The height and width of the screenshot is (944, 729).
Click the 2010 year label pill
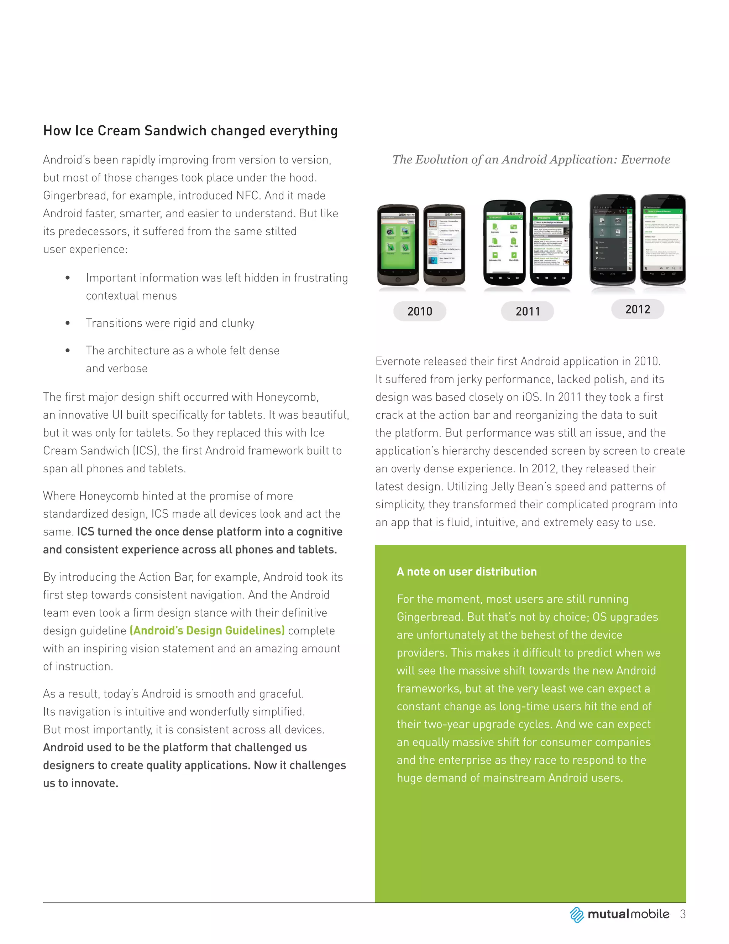click(419, 311)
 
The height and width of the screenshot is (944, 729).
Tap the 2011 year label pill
click(527, 311)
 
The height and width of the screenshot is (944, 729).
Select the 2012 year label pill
click(638, 309)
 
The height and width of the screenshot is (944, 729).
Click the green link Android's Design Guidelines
click(207, 631)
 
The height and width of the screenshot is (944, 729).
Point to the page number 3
click(682, 914)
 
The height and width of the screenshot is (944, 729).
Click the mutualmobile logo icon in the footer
click(577, 914)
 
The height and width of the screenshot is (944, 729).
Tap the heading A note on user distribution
click(466, 572)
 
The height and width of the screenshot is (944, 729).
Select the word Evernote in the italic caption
click(645, 160)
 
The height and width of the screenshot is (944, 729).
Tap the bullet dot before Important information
click(68, 278)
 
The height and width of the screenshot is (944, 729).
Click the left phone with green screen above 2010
click(398, 245)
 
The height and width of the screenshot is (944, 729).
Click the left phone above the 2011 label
click(504, 242)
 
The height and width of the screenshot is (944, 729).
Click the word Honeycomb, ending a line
click(287, 397)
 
